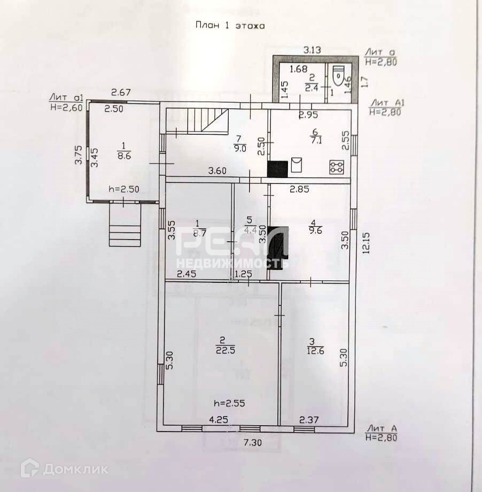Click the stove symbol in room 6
336,167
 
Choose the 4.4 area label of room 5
250,225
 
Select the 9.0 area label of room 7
240,144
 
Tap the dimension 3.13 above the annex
312,50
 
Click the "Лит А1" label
384,103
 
